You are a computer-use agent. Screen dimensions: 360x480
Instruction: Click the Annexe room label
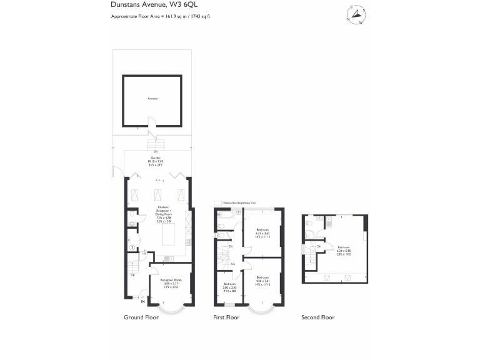click(152, 99)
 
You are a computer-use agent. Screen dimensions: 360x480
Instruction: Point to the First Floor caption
click(227, 317)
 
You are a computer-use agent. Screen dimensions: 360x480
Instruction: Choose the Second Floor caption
click(318, 317)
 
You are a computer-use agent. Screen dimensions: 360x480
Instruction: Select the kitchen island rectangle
click(169, 236)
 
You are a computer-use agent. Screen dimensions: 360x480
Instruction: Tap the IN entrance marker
click(143, 302)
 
